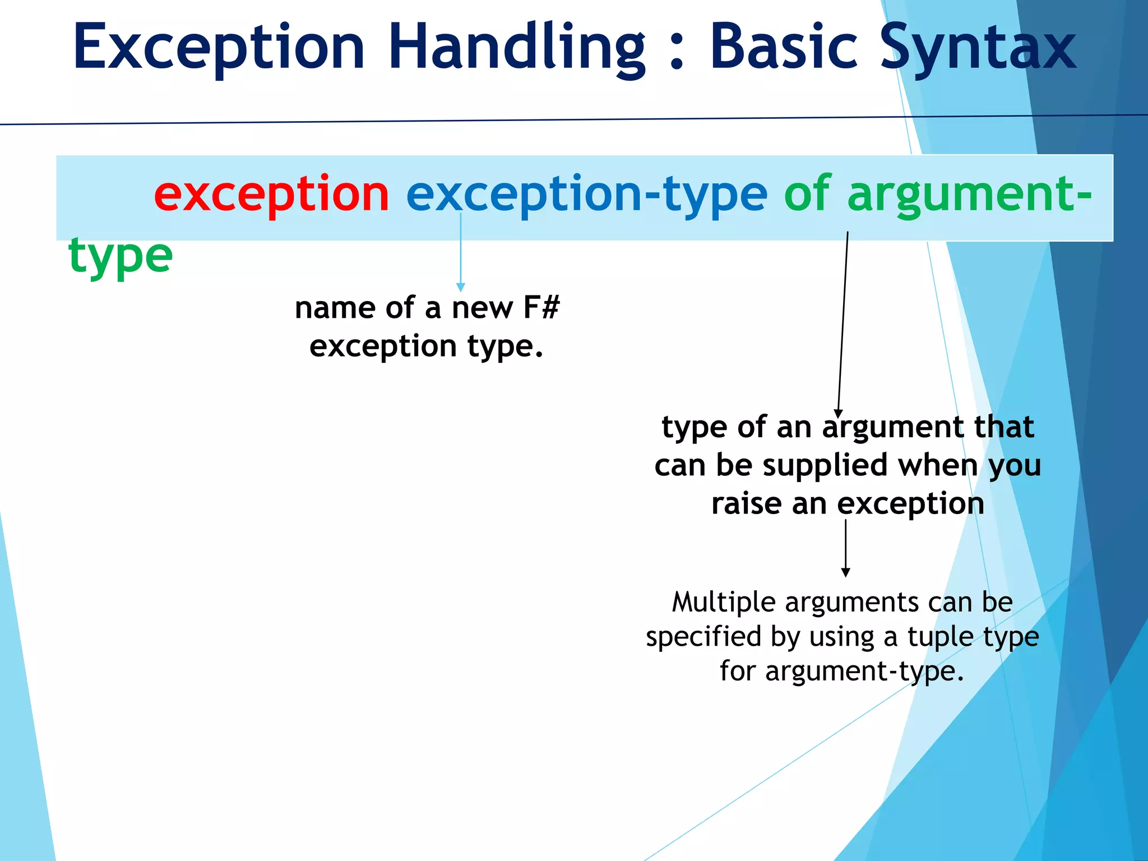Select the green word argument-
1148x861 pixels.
coord(969,195)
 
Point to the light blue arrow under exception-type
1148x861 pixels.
coord(461,252)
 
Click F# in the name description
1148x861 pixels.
coord(541,308)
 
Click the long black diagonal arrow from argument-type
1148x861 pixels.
coord(843,325)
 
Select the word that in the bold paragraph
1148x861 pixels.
coord(1003,427)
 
